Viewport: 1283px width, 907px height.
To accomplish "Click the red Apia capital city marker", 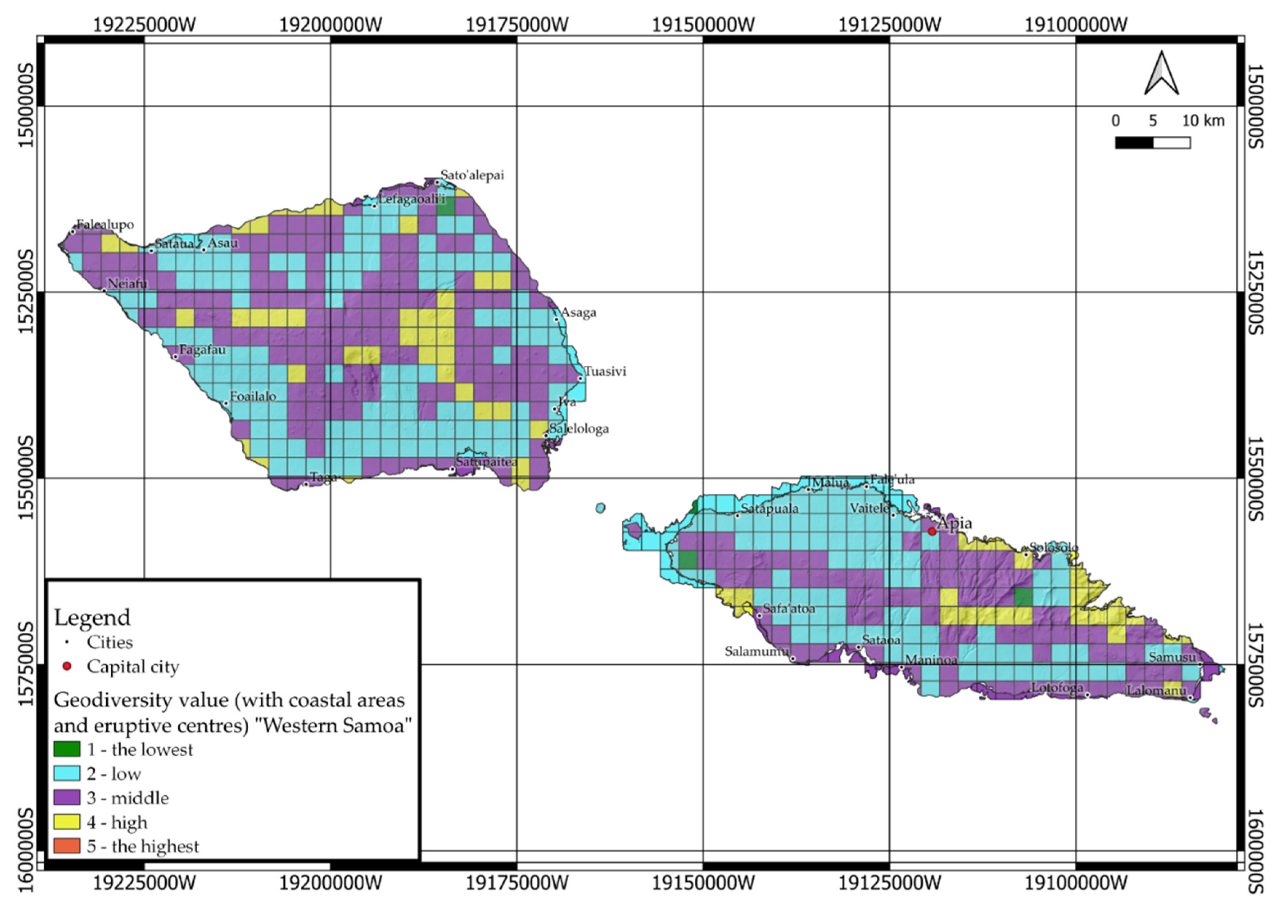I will [x=932, y=531].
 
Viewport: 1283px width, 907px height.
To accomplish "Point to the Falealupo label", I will [x=105, y=224].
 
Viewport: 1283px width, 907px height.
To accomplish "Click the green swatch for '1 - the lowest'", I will [x=67, y=749].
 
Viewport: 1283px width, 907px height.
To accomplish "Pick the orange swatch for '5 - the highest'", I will [x=67, y=846].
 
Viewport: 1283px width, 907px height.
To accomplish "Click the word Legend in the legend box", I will [x=92, y=617].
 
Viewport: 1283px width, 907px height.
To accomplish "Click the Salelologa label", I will [x=579, y=429].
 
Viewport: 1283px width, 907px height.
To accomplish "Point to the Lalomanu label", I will [x=1156, y=690].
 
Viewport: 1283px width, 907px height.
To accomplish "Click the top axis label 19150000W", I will [x=703, y=25].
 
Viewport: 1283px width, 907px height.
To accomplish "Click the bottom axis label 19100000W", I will [x=1076, y=883].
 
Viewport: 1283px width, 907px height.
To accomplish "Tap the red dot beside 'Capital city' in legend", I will [x=67, y=666].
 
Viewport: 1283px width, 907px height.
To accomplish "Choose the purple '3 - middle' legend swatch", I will [x=67, y=797].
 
